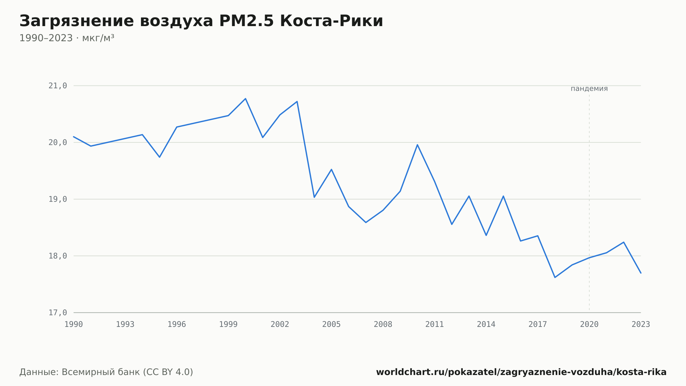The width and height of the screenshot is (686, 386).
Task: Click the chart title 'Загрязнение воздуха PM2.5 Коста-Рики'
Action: click(201, 21)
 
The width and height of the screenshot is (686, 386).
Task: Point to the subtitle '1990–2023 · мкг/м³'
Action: click(67, 38)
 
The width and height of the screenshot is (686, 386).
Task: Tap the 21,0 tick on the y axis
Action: click(58, 86)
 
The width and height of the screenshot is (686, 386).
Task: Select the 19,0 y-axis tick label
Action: click(58, 199)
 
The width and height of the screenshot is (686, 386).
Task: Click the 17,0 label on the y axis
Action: click(58, 313)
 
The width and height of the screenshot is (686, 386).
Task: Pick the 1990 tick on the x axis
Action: click(74, 325)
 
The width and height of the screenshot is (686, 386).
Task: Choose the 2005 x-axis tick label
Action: click(331, 325)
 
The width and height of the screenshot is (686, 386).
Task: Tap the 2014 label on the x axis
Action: click(486, 325)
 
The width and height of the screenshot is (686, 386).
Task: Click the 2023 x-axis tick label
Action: click(641, 325)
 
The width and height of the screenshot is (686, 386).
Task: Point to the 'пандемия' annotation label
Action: click(589, 89)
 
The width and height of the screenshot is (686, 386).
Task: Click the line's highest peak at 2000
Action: click(246, 99)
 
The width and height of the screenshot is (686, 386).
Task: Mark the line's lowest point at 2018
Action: click(555, 277)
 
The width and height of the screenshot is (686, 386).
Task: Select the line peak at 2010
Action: click(417, 145)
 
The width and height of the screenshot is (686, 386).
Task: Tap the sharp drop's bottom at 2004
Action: click(314, 197)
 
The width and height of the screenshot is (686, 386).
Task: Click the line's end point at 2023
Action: click(641, 273)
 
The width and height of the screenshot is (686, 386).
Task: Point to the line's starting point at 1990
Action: click(74, 137)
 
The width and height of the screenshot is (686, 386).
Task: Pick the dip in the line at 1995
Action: click(159, 157)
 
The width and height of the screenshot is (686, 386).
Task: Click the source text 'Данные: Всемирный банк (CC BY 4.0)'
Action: click(106, 372)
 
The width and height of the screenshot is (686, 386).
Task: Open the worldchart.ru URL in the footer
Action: click(521, 372)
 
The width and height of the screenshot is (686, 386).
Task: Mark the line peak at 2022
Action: click(624, 242)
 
